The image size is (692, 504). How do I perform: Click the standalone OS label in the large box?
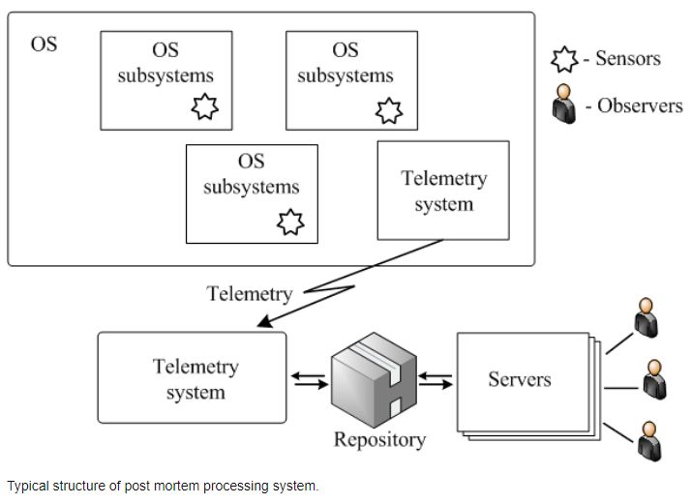coord(44,44)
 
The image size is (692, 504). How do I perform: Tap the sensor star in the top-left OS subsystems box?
coord(205,106)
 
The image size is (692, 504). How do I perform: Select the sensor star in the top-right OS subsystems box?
coord(389,110)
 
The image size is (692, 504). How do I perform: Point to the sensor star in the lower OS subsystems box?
coord(290,222)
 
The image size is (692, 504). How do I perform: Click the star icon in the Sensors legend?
coord(564,59)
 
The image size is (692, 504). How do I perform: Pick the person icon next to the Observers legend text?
coord(564,104)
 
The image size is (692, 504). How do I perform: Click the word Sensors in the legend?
coord(628,58)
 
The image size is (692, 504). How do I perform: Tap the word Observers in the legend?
coord(640,105)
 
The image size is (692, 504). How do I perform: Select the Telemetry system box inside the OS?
coord(443,191)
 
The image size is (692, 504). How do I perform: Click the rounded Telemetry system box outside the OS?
coord(192,377)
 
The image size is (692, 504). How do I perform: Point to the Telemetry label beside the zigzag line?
coord(250,294)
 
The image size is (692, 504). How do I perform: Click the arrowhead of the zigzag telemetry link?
coord(264,321)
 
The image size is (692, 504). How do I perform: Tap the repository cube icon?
coord(374,379)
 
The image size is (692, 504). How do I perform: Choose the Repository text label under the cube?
coord(379,439)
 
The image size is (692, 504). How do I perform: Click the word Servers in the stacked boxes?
coord(520,379)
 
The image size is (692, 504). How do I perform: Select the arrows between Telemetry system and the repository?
coord(309,380)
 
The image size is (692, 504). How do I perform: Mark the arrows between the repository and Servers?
coord(436,380)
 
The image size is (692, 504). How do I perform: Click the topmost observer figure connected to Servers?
coord(647,318)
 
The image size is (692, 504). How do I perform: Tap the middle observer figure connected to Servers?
coord(654,379)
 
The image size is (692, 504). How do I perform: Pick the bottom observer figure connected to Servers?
coord(649,441)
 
